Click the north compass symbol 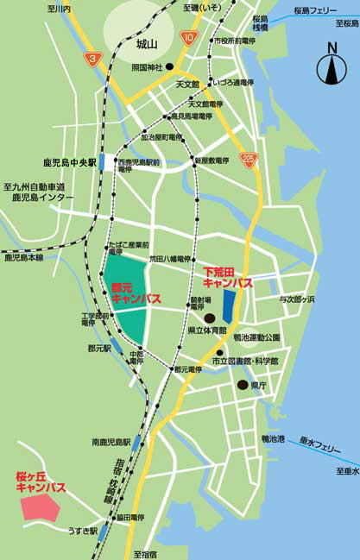(x=332, y=67)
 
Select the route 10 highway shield (x=188, y=37)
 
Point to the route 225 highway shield (x=249, y=159)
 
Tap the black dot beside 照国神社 (x=170, y=66)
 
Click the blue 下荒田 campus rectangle (x=229, y=304)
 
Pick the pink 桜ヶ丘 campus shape (x=40, y=507)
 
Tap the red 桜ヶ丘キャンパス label (x=41, y=481)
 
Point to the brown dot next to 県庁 (x=243, y=385)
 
